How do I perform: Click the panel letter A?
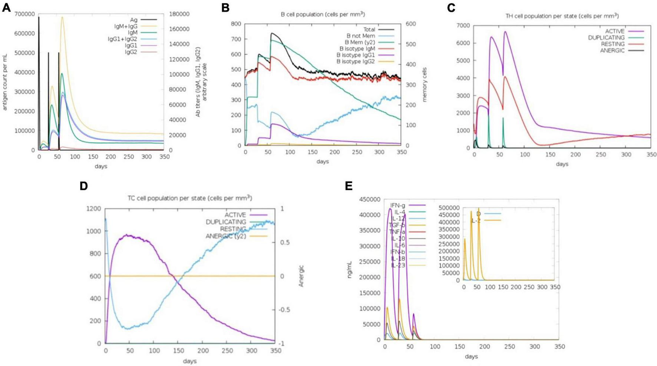coord(6,7)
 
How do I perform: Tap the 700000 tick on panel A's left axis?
coord(24,14)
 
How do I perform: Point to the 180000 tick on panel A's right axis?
coord(179,14)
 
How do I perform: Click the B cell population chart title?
coord(323,14)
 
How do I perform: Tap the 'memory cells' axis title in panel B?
coord(425,84)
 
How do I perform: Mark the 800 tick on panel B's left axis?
coord(236,24)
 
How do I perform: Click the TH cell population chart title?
coord(562,16)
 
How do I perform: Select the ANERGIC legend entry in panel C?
coord(612,50)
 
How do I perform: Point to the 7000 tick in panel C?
coord(463,26)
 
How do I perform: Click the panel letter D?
coord(83,186)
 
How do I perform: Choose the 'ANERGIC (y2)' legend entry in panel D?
coord(225,236)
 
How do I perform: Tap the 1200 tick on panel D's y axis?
coord(93,209)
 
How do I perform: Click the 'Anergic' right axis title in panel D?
coord(301,276)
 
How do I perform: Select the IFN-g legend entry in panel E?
coord(397,205)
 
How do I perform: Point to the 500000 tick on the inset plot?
coord(449,208)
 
